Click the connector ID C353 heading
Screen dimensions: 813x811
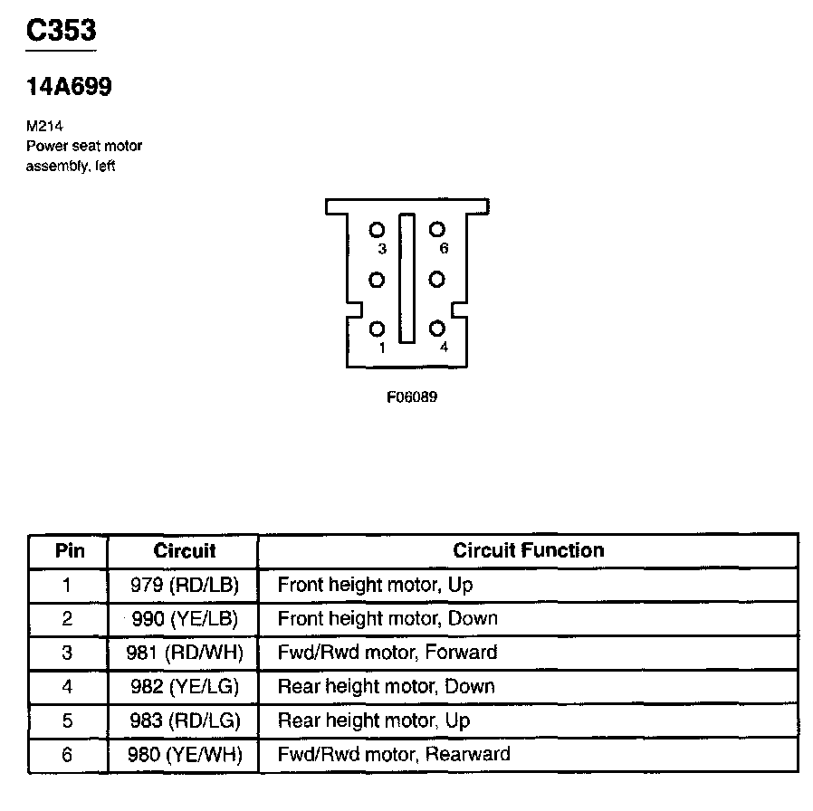(x=62, y=32)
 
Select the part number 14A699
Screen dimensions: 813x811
(x=69, y=88)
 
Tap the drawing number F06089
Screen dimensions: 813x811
(x=411, y=396)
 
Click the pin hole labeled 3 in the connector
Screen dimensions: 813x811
(x=378, y=230)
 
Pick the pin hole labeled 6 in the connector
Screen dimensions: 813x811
(x=436, y=230)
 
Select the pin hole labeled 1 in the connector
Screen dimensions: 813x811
(x=378, y=329)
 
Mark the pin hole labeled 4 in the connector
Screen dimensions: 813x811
(x=436, y=329)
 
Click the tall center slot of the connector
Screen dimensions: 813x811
(x=406, y=278)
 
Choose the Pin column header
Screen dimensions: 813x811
(x=69, y=550)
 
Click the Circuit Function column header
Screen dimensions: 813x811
(x=528, y=550)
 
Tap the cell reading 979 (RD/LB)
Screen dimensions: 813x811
(x=184, y=585)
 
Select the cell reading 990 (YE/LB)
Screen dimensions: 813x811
(x=184, y=619)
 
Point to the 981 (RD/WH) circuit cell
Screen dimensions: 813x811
(x=184, y=653)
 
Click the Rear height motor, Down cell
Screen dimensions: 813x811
(x=386, y=687)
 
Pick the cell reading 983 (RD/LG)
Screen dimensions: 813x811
(x=184, y=721)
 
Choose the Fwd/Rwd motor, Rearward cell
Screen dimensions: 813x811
(x=393, y=755)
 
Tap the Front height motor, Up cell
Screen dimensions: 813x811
(x=375, y=585)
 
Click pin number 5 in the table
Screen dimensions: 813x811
(x=68, y=721)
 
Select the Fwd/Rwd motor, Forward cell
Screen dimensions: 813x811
(x=387, y=653)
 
